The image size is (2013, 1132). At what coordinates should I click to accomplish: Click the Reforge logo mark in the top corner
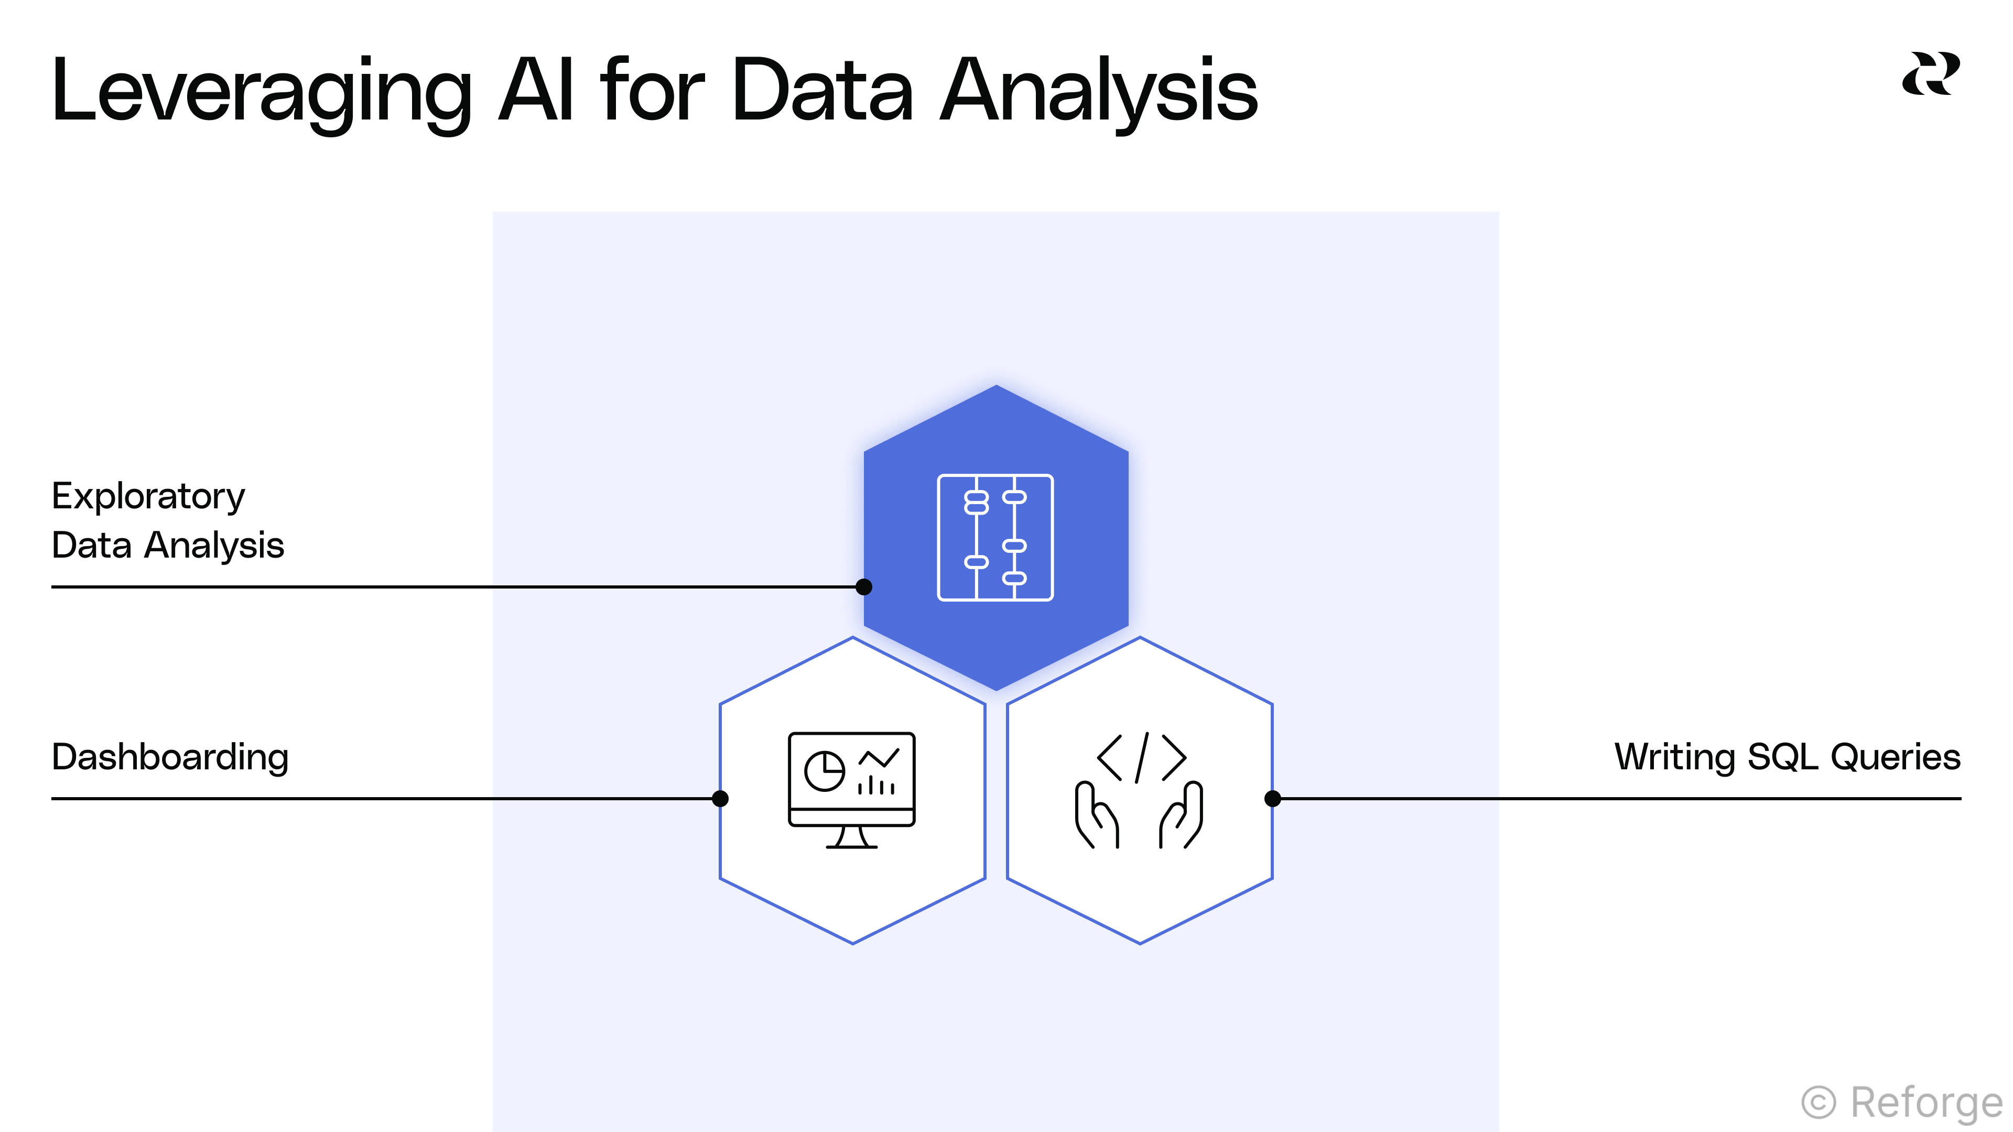(x=1930, y=74)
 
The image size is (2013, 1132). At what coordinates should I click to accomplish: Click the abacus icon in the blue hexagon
(x=995, y=538)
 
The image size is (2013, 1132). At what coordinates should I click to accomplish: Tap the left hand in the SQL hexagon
(x=1096, y=815)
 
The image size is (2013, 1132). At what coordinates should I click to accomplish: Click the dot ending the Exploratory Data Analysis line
(x=863, y=587)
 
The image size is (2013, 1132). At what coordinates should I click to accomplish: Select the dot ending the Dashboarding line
(x=720, y=798)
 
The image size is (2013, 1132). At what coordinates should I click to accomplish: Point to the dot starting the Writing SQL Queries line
(x=1272, y=798)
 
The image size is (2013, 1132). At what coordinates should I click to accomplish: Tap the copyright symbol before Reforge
(x=1819, y=1103)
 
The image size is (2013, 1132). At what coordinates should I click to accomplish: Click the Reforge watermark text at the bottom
(x=1927, y=1103)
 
